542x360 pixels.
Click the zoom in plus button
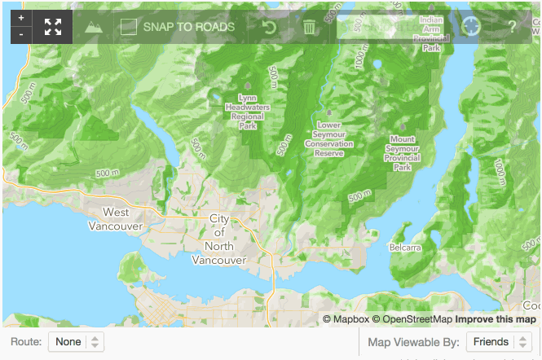click(21, 18)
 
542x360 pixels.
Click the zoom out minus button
click(21, 34)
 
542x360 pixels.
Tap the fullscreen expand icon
click(53, 26)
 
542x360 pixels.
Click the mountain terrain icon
click(95, 26)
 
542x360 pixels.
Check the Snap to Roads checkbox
click(128, 27)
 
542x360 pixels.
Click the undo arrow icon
click(269, 27)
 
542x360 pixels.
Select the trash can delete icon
click(310, 27)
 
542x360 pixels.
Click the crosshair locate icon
click(471, 26)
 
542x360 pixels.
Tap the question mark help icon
click(513, 27)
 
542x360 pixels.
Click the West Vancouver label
click(116, 218)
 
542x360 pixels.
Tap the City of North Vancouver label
click(218, 239)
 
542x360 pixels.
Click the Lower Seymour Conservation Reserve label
click(328, 139)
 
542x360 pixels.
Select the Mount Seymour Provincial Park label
click(402, 153)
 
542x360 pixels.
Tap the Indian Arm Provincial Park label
click(430, 33)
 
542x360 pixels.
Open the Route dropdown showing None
click(76, 342)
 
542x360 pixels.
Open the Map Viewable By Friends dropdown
click(499, 343)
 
